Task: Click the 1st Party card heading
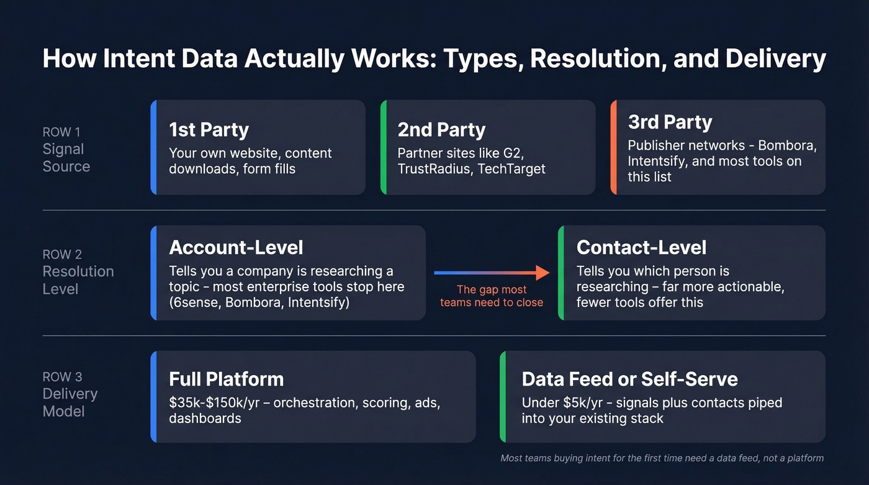click(209, 130)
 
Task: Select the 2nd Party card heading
click(441, 130)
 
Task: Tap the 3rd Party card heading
click(670, 122)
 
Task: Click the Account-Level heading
click(236, 247)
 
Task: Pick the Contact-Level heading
click(641, 247)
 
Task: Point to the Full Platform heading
click(226, 379)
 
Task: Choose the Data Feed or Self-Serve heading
click(629, 379)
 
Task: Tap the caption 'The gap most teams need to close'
click(492, 296)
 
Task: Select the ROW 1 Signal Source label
click(66, 150)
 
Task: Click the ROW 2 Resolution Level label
click(78, 272)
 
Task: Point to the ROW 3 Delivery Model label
click(70, 394)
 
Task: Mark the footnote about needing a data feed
click(662, 458)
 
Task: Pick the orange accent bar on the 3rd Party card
click(613, 147)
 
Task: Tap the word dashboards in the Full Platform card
click(205, 418)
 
